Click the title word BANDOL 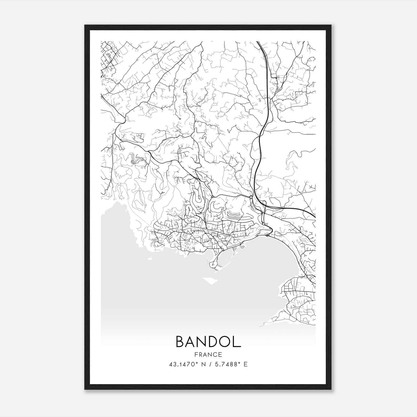click(208, 341)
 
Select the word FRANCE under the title click(208, 354)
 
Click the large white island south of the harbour click(210, 281)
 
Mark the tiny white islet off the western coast click(150, 259)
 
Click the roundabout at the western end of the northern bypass click(213, 196)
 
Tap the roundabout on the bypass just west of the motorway click(251, 197)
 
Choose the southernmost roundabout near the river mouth click(263, 224)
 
